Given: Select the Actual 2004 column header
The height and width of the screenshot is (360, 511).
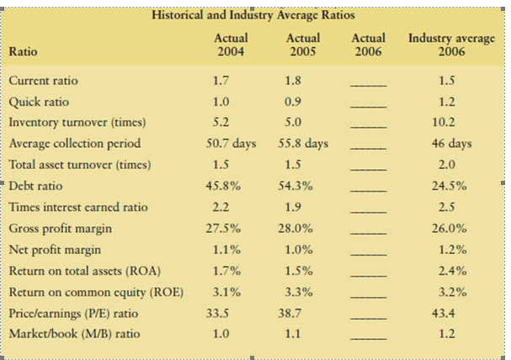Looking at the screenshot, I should tap(231, 45).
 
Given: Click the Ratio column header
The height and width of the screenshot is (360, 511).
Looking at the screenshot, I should tap(23, 51).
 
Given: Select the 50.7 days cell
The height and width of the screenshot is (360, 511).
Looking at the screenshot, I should tap(231, 144).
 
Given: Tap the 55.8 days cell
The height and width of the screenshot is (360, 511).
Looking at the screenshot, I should tap(302, 144).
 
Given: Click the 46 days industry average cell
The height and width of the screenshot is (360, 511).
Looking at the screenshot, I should tap(448, 144).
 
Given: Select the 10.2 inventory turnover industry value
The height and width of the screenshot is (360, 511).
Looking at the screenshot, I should tap(448, 123).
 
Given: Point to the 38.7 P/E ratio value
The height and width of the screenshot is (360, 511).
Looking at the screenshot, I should tap(302, 313).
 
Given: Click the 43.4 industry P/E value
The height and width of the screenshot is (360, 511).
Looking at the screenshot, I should tap(448, 313).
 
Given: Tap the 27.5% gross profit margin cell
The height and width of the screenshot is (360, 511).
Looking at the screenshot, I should tap(231, 228).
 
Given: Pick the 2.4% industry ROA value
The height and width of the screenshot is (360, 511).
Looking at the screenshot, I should tap(448, 270).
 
